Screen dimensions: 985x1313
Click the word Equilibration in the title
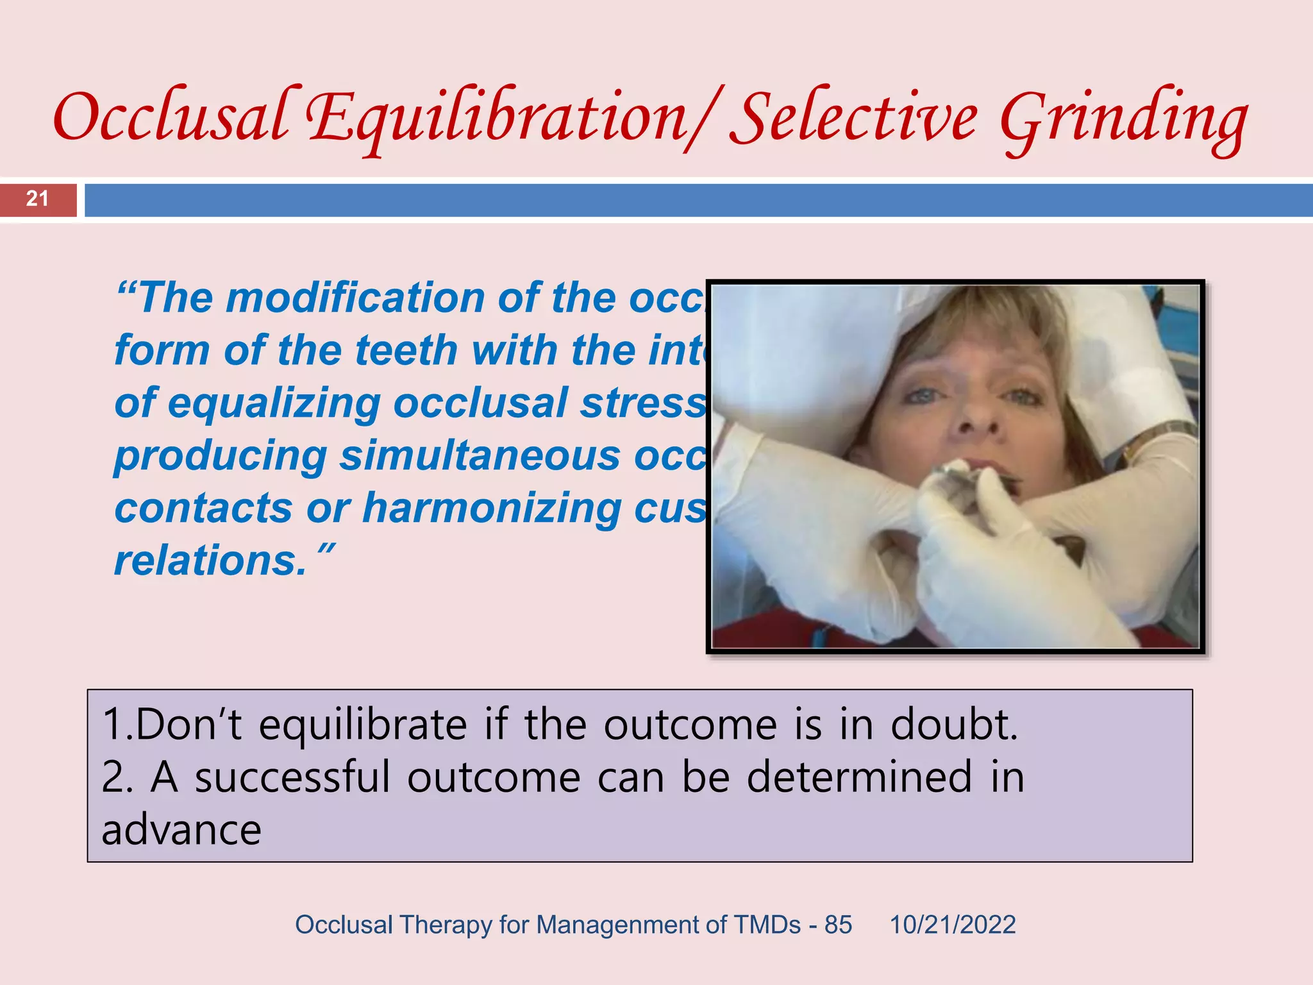pos(497,119)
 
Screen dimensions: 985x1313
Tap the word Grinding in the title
pos(1123,119)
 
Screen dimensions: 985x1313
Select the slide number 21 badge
pos(38,199)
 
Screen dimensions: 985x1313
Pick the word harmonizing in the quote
pos(490,509)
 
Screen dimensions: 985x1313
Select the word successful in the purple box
pos(292,777)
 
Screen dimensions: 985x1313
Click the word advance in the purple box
pos(181,830)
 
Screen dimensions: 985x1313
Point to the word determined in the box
pos(860,777)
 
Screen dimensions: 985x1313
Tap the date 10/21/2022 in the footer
pos(952,925)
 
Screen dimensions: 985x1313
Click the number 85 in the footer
pos(838,925)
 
